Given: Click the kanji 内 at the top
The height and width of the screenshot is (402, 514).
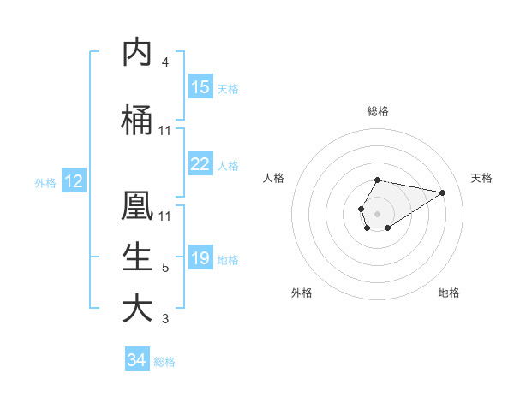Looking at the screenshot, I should [x=138, y=53].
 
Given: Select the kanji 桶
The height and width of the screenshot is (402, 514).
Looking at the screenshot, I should [x=138, y=121].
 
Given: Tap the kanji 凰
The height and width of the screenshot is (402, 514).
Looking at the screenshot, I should [x=138, y=206].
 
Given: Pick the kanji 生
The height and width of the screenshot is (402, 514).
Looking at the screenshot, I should [x=138, y=257].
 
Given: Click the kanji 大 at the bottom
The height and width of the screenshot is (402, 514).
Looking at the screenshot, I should [x=138, y=309].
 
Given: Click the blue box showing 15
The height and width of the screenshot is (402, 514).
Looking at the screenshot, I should [x=200, y=87].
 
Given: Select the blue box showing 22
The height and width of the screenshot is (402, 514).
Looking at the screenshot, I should [x=200, y=164].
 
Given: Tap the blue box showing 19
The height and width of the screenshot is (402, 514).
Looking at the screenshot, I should [x=200, y=258].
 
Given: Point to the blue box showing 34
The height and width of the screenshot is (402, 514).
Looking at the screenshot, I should [x=137, y=360].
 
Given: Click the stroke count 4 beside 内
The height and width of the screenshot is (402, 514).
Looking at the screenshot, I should [x=165, y=62].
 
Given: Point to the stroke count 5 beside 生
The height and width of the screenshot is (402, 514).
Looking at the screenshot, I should [x=165, y=268].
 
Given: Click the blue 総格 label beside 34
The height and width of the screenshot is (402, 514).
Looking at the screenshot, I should [x=164, y=362].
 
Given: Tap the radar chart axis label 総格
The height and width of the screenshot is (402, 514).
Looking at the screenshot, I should [x=377, y=111].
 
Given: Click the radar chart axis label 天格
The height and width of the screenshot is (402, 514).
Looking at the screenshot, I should [x=482, y=178].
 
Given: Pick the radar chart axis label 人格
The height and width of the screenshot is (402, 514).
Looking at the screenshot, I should [x=274, y=178].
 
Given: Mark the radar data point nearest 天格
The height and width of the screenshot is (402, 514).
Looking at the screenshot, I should [x=443, y=192].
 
